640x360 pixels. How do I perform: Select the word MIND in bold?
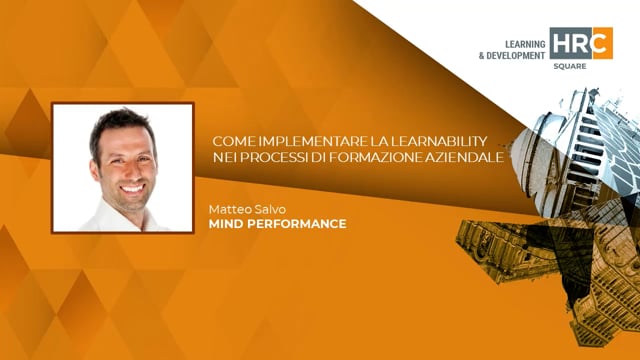click(x=226, y=224)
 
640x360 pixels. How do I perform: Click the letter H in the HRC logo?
click(x=563, y=43)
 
